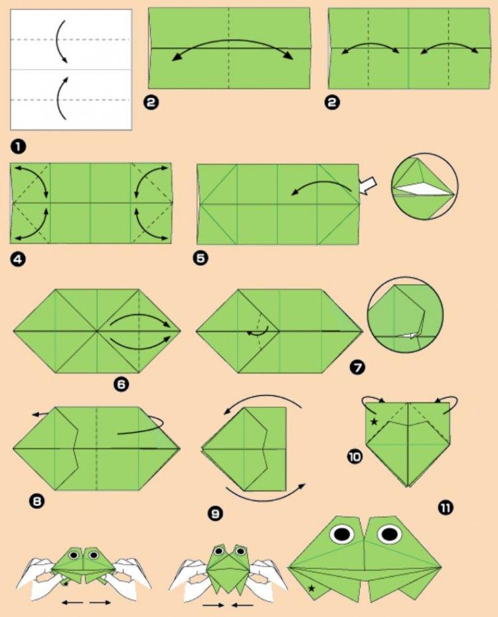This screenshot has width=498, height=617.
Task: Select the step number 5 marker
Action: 201,259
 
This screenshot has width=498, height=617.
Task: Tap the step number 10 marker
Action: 355,456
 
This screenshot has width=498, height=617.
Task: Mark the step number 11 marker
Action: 446,508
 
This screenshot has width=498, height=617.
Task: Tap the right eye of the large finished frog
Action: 389,533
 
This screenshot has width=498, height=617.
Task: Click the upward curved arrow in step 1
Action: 62,98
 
